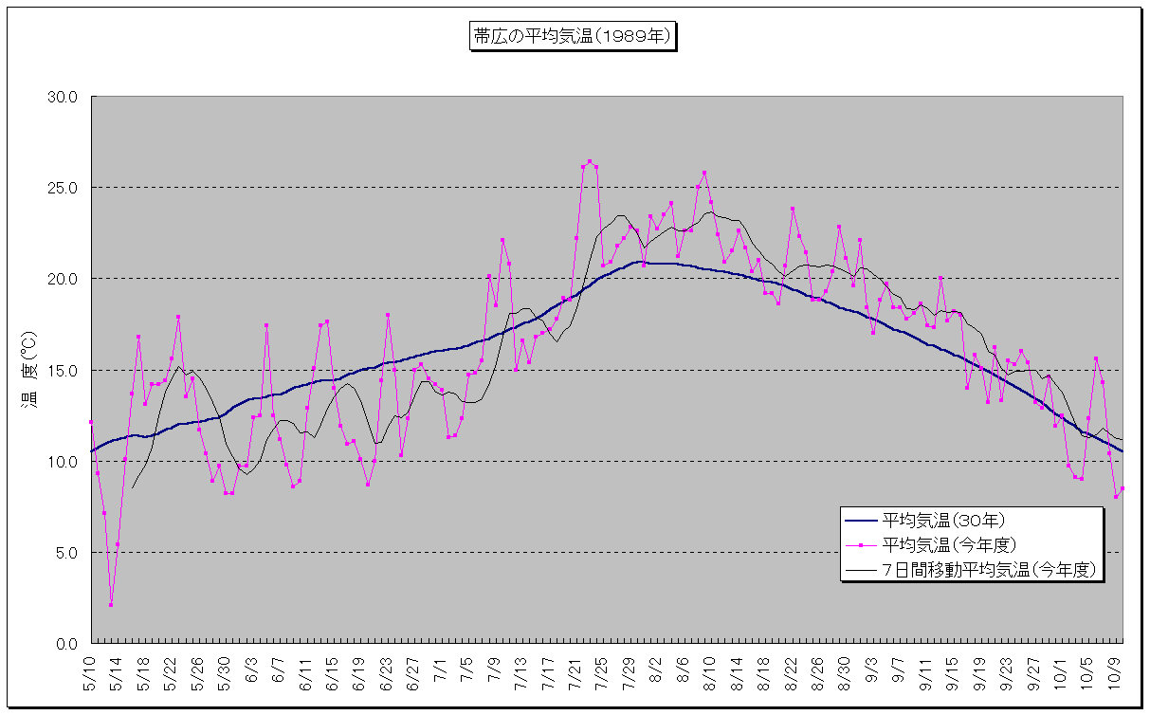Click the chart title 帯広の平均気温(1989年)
(573, 37)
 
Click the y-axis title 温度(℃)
(28, 370)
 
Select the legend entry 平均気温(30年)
(943, 520)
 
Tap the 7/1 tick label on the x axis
(441, 669)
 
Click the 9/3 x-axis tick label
(871, 669)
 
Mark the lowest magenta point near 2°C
(111, 604)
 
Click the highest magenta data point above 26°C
(590, 161)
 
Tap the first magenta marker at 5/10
(91, 422)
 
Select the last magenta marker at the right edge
(1123, 488)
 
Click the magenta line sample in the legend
(860, 545)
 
